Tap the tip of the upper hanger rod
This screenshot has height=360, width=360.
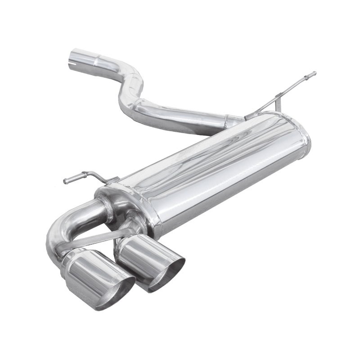coord(314,73)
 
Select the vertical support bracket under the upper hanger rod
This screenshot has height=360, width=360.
coord(280,102)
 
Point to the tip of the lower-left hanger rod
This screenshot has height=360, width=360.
coord(66,181)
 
